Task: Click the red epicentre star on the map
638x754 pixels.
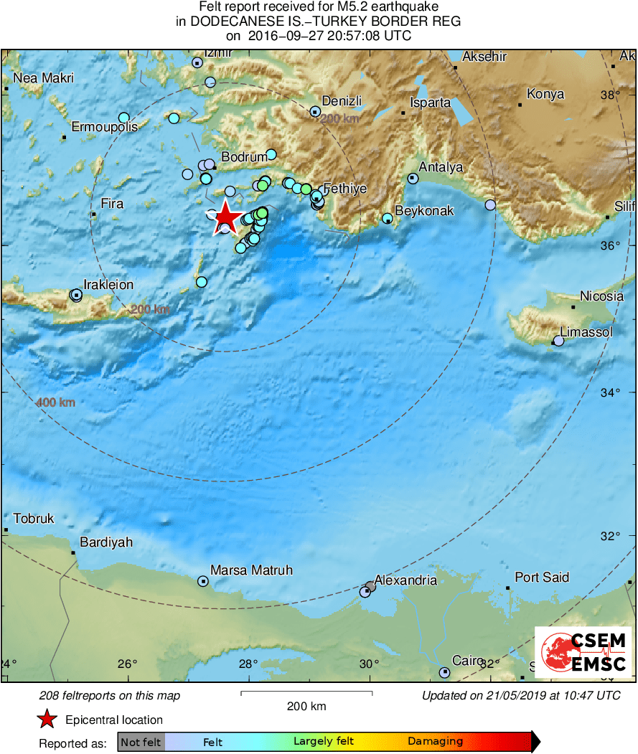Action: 226,217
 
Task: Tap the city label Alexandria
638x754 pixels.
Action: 405,580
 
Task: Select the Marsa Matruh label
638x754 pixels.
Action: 251,570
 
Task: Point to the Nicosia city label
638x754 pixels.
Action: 601,296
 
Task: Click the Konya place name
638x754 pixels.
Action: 545,94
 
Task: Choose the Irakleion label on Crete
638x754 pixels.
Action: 108,285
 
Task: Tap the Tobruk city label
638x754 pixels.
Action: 34,519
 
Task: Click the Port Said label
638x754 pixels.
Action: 542,578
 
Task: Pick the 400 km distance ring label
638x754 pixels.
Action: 55,402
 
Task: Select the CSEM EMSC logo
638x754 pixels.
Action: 583,652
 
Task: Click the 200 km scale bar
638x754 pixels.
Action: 306,693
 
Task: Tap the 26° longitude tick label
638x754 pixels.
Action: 128,664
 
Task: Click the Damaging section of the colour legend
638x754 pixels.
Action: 435,742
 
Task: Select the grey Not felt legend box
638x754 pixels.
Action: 141,742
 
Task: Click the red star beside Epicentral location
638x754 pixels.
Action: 47,720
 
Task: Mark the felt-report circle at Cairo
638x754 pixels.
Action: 444,672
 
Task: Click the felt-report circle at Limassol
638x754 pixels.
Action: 558,341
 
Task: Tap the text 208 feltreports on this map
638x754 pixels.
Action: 110,696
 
